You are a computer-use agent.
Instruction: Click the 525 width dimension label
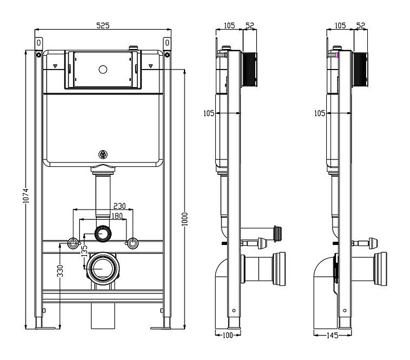(x=102, y=25)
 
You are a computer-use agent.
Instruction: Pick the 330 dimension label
(x=60, y=272)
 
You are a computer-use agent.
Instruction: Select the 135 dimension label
(x=85, y=249)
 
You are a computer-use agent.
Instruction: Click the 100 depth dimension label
(x=228, y=336)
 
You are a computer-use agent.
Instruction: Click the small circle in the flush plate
(x=103, y=70)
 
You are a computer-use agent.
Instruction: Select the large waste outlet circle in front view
(x=103, y=266)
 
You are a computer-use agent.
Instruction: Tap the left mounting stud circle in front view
(x=73, y=243)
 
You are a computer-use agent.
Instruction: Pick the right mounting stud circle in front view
(x=133, y=243)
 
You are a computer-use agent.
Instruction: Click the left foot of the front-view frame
(x=43, y=325)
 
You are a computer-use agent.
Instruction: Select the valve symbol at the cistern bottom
(x=103, y=154)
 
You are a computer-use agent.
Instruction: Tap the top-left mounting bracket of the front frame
(x=38, y=44)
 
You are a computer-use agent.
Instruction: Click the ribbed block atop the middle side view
(x=250, y=69)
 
